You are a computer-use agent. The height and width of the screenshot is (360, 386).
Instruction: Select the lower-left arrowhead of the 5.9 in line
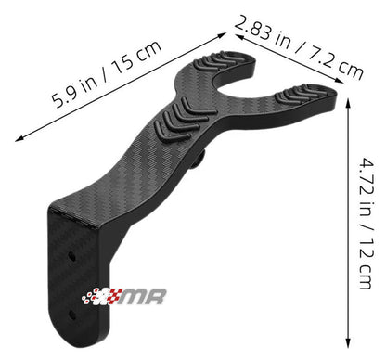pyautogui.click(x=18, y=140)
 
